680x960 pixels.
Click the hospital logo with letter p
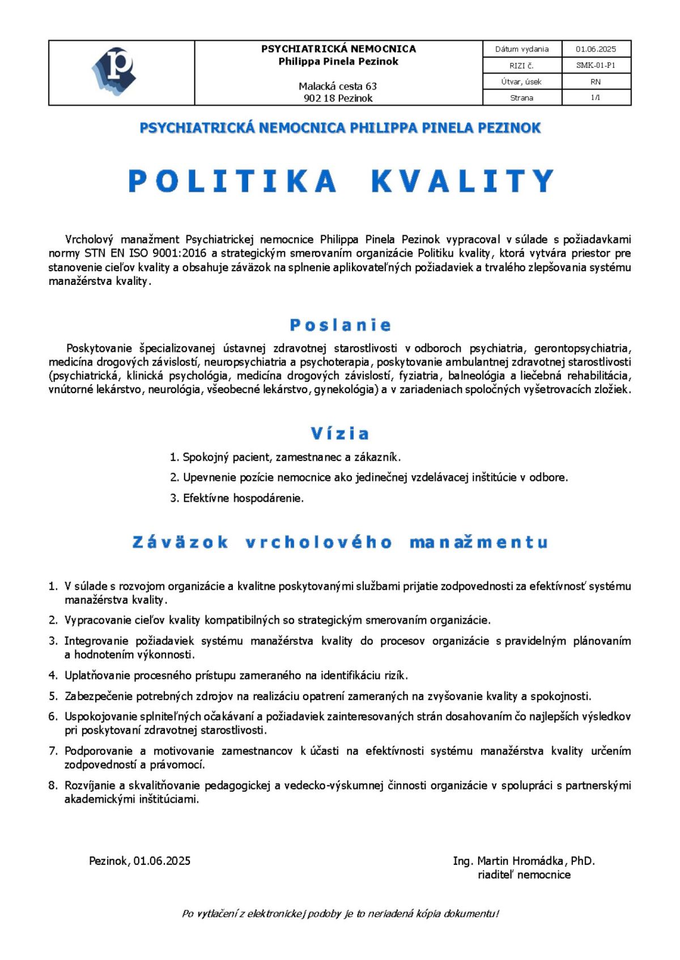coord(115,71)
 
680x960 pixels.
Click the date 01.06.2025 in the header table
coord(596,49)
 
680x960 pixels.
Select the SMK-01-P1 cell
coord(596,65)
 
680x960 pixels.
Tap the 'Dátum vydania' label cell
coord(521,49)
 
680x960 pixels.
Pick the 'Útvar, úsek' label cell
coord(521,82)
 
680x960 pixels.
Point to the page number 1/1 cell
coord(596,97)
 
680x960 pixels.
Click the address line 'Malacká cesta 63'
coord(338,86)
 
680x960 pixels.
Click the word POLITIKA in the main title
coord(233,181)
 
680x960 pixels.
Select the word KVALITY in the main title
coord(462,181)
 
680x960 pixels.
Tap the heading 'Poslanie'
coord(340,325)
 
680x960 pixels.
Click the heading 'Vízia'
coord(340,434)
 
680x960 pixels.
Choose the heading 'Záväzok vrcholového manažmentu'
coord(340,543)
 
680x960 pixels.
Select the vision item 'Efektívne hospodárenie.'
coord(243,498)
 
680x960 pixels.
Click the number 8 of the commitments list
coord(53,786)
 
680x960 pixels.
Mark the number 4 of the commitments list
coord(53,675)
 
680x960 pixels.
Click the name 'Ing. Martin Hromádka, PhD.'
coord(524,861)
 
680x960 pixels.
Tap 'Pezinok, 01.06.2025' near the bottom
coord(139,861)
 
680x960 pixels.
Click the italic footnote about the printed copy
coord(340,914)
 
